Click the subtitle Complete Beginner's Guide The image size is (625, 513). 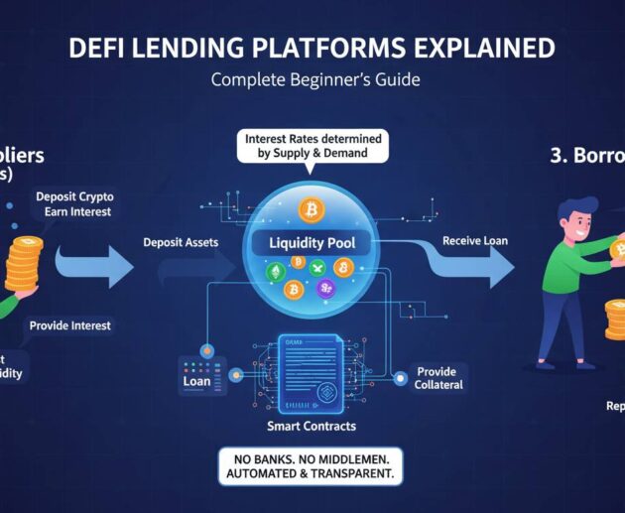click(314, 79)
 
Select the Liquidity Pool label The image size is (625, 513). click(312, 242)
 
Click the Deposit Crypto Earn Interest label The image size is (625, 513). click(73, 203)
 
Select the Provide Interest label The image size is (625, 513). click(70, 325)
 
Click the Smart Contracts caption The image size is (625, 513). click(312, 426)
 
